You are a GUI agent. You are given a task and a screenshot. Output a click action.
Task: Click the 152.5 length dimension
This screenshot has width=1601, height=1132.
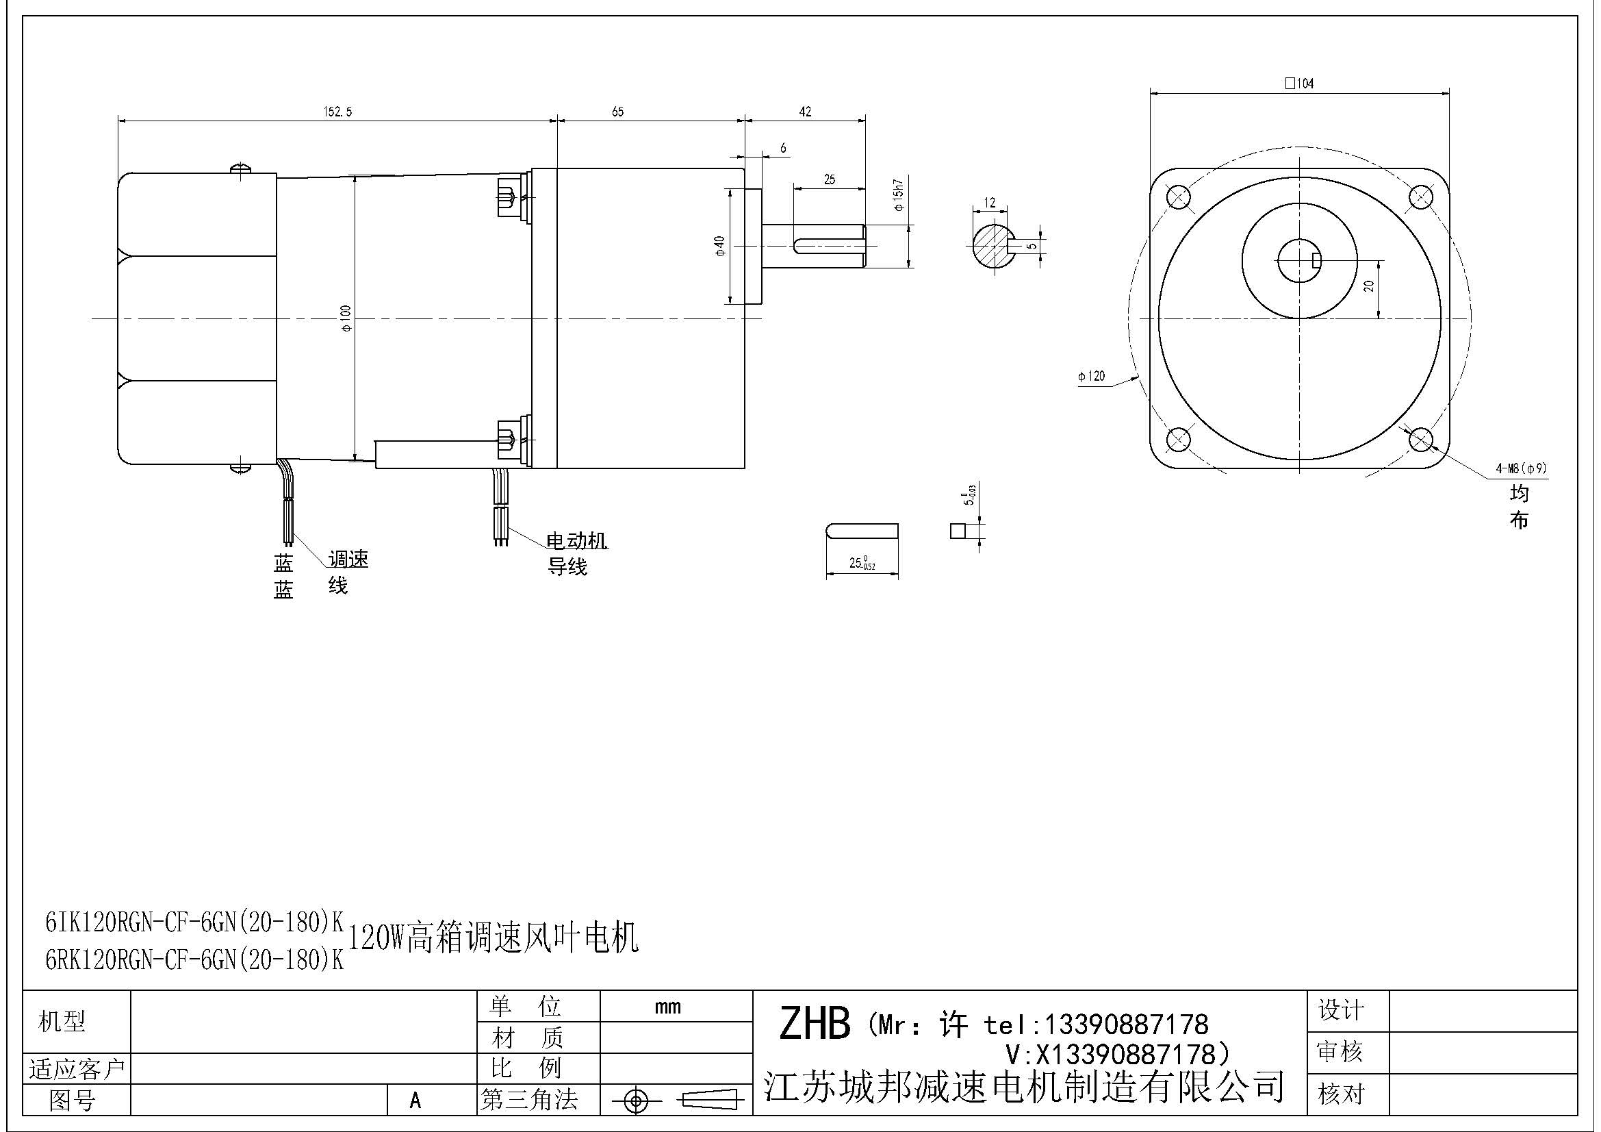pyautogui.click(x=337, y=112)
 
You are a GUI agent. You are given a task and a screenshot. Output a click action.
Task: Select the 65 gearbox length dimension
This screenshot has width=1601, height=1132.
pyautogui.click(x=618, y=112)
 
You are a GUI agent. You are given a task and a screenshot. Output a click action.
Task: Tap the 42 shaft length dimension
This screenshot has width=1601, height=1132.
pyautogui.click(x=805, y=112)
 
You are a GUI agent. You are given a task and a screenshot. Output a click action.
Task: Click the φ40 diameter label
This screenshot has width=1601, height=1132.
pyautogui.click(x=719, y=246)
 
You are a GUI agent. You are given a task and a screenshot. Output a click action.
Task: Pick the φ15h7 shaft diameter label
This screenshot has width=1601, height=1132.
pyautogui.click(x=898, y=195)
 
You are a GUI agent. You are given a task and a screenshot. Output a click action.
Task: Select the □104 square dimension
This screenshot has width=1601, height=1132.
pyautogui.click(x=1299, y=84)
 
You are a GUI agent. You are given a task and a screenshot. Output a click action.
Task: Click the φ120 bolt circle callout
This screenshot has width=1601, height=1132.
pyautogui.click(x=1091, y=377)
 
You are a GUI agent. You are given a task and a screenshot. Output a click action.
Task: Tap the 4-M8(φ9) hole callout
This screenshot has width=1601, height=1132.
pyautogui.click(x=1521, y=468)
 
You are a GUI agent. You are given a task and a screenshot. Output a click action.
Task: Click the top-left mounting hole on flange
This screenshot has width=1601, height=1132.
pyautogui.click(x=1178, y=197)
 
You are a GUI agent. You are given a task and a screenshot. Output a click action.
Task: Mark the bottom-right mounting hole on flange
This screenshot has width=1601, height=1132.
pyautogui.click(x=1420, y=440)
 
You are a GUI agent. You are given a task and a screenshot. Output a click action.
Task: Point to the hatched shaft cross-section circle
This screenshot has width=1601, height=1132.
pyautogui.click(x=992, y=244)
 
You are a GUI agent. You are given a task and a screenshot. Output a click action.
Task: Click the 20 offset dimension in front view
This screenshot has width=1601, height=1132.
pyautogui.click(x=1368, y=286)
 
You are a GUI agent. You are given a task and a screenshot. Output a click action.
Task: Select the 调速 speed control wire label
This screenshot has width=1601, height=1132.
pyautogui.click(x=348, y=559)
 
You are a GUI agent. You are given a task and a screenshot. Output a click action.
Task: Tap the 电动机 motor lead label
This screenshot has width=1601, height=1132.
pyautogui.click(x=576, y=540)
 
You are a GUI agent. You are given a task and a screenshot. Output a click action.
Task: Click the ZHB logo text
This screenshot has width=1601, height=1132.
pyautogui.click(x=814, y=1024)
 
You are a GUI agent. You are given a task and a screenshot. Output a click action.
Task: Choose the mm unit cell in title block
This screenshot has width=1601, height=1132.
pyautogui.click(x=667, y=1007)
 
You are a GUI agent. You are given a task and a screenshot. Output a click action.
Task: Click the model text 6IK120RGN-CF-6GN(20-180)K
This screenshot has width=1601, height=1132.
pyautogui.click(x=194, y=922)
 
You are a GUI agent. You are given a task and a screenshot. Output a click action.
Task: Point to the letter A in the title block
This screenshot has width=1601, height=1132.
pyautogui.click(x=415, y=1100)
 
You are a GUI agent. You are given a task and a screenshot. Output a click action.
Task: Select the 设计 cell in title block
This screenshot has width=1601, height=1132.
pyautogui.click(x=1340, y=1010)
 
